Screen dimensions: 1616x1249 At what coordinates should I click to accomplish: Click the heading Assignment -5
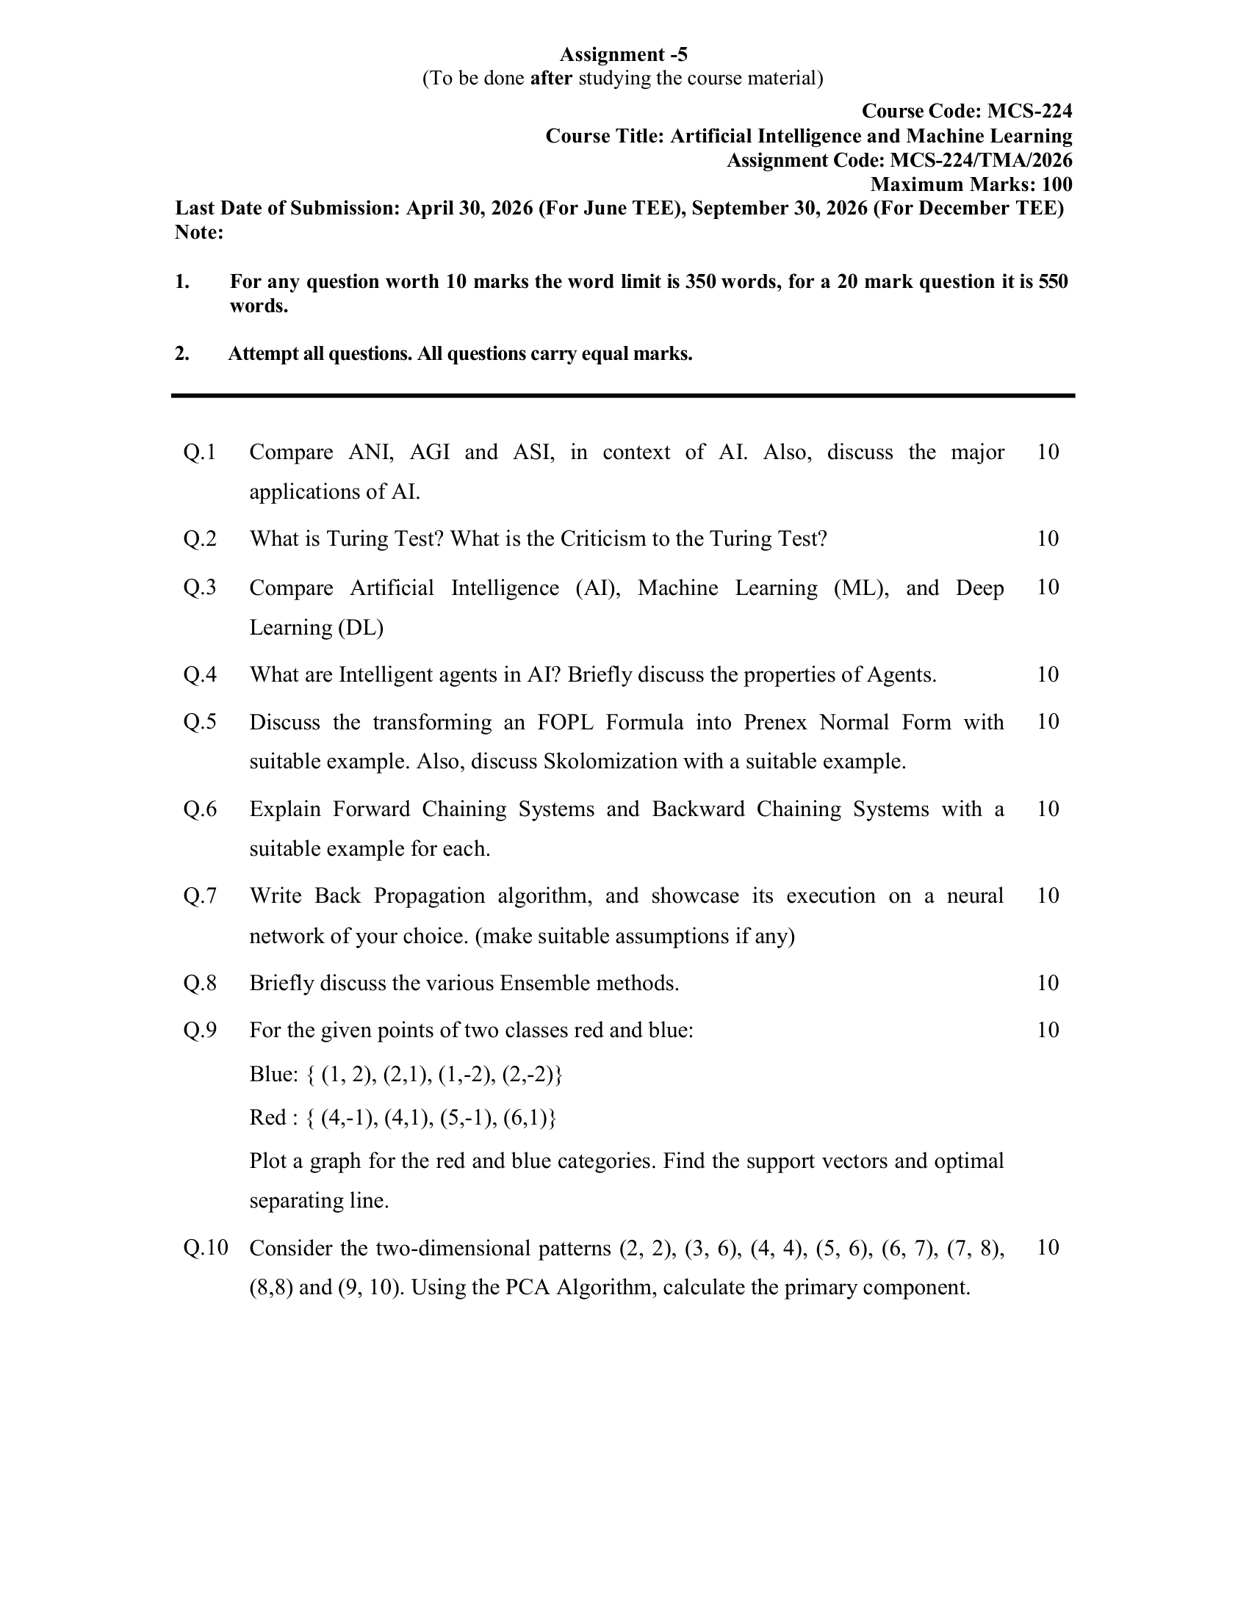[x=623, y=54]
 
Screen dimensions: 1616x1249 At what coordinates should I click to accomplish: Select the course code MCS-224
[x=1029, y=111]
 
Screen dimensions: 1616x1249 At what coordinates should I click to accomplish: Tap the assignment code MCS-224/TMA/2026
[x=980, y=160]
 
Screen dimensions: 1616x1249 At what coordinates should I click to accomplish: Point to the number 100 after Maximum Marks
[x=1057, y=184]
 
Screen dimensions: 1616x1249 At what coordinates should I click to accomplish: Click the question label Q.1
[x=200, y=451]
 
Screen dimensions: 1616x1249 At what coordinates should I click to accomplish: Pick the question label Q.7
[x=200, y=895]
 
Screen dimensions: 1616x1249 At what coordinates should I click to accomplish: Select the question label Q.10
[x=205, y=1247]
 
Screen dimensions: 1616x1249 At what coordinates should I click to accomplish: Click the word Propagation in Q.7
[x=429, y=895]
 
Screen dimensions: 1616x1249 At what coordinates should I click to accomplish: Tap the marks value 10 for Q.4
[x=1048, y=674]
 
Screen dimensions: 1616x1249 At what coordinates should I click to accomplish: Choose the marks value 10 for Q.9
[x=1048, y=1030]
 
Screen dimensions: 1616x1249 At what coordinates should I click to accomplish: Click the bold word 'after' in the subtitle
[x=551, y=78]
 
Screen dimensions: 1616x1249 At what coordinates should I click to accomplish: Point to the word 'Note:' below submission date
[x=199, y=232]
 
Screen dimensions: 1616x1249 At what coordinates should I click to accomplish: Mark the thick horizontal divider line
[x=623, y=396]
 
